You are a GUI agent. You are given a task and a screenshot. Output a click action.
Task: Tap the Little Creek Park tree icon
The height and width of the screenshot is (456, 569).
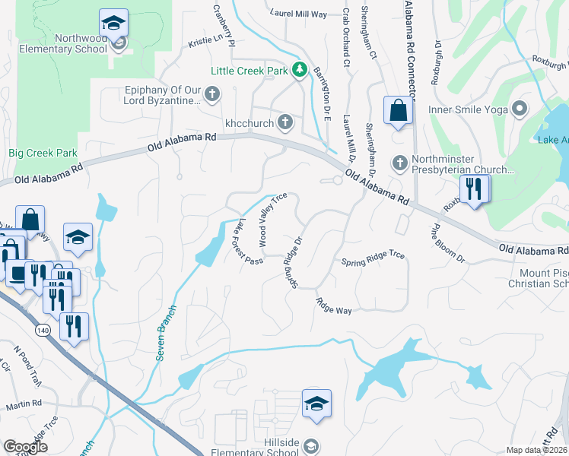(300, 71)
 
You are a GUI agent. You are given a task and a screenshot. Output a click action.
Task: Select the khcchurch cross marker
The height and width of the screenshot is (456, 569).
(285, 121)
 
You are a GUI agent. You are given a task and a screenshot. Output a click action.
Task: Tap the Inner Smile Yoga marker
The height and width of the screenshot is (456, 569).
(520, 109)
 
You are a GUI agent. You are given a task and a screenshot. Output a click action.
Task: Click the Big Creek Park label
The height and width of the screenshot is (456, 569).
(43, 153)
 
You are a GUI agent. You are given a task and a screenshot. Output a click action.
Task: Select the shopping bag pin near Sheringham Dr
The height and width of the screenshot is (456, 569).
(398, 112)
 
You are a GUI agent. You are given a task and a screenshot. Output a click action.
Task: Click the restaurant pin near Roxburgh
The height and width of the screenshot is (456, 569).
(474, 189)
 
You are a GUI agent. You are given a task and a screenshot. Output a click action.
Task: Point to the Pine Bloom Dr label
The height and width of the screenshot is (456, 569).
(447, 242)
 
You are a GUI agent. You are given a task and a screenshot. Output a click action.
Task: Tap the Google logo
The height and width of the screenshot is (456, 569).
(25, 447)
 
